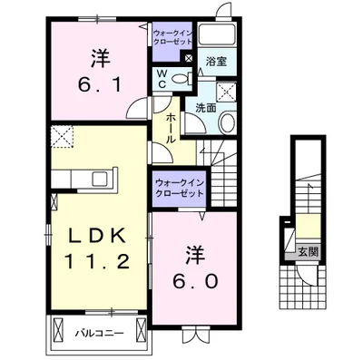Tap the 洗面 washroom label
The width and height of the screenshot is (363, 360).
pos(207,107)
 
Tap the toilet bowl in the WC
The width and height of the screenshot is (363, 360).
pos(181,81)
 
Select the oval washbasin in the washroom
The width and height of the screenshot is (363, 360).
pos(228,124)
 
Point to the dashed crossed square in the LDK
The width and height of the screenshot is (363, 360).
pos(61,138)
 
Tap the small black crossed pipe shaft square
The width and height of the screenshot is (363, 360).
pos(188,59)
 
